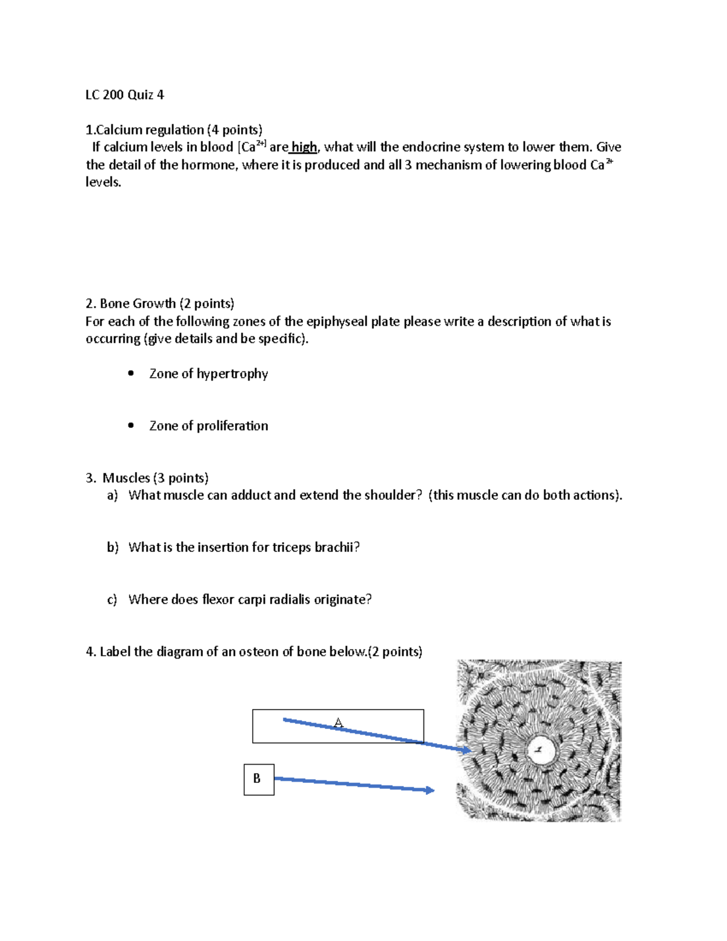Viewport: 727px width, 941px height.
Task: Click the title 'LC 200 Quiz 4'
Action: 124,95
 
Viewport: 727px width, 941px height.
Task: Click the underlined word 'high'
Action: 304,147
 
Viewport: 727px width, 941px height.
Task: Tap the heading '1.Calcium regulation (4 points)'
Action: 174,130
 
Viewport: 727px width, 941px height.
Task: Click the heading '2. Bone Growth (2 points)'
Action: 160,304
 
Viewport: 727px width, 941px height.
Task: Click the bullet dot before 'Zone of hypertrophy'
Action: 131,373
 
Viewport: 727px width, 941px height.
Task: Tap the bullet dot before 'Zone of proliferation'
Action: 131,425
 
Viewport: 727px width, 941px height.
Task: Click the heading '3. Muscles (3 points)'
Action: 147,478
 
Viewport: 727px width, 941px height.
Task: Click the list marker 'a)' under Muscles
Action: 112,496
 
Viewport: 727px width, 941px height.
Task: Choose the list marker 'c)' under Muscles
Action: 112,600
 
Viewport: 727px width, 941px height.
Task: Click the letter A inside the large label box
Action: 338,723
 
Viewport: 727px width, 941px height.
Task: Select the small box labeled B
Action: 259,779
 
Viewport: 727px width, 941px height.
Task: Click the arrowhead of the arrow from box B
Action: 430,790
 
